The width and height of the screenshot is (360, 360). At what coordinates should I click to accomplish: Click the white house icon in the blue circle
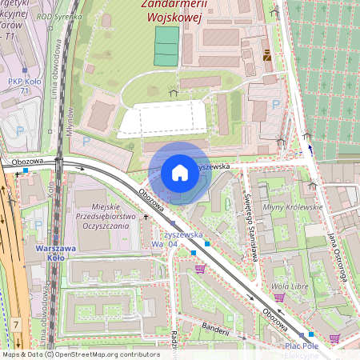coord(180,172)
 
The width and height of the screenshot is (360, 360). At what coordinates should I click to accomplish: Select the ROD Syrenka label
coord(66,15)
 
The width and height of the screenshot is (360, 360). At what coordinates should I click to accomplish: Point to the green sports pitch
coord(166,46)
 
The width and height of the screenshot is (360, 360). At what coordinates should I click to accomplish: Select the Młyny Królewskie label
coord(299,206)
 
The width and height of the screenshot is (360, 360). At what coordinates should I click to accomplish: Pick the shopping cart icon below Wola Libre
coord(279,298)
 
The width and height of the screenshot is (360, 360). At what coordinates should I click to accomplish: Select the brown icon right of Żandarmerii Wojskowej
coord(267,56)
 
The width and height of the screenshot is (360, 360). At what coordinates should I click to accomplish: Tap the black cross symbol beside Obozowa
coord(146,216)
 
